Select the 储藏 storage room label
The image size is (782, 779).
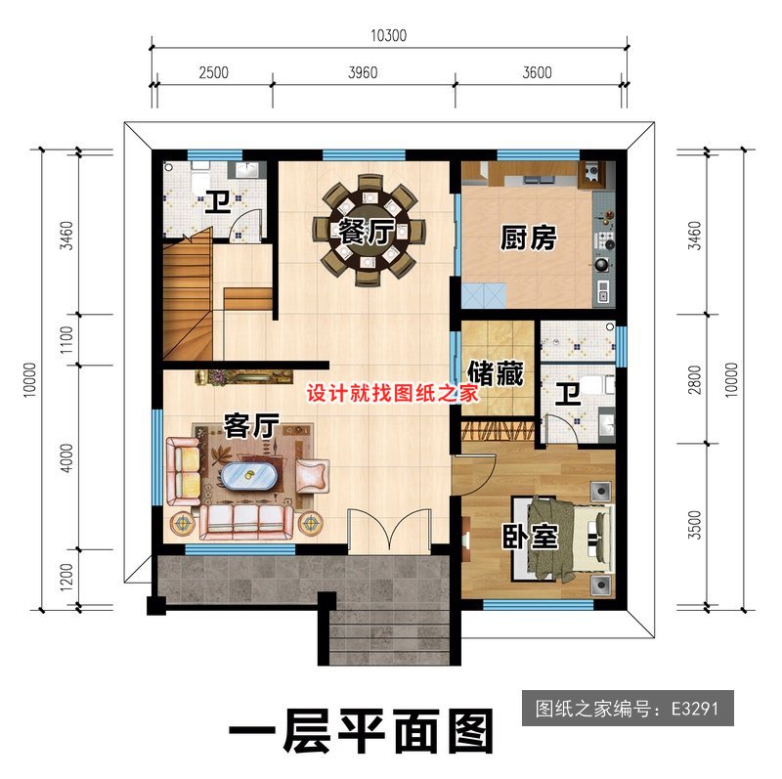[x=496, y=372]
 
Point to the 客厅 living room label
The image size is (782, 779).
[x=252, y=425]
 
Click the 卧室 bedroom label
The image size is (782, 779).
[x=531, y=537]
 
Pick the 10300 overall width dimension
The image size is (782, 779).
[x=388, y=36]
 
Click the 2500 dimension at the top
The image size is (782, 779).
[x=212, y=72]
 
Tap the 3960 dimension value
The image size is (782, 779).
[x=362, y=72]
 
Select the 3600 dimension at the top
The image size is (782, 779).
[x=537, y=72]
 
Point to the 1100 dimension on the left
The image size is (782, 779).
[x=65, y=339]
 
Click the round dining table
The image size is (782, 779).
[x=369, y=231]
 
